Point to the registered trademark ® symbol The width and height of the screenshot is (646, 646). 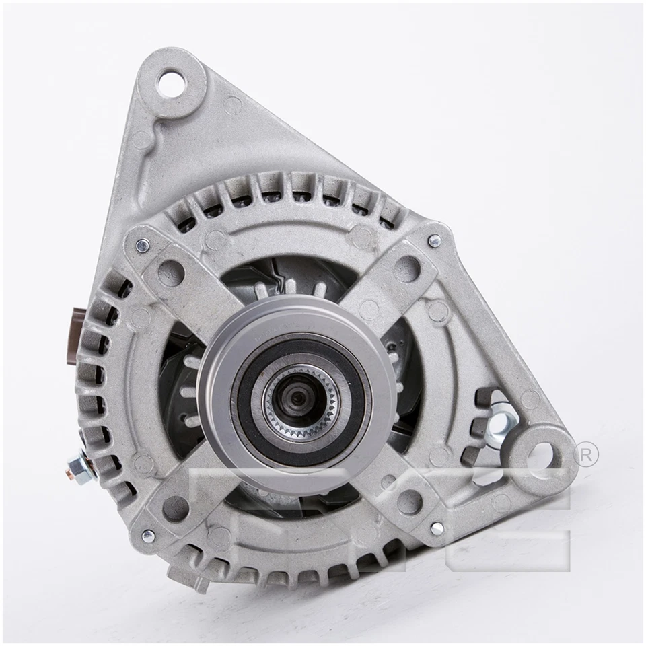pos(587,455)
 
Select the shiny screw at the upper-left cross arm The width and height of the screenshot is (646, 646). pos(141,246)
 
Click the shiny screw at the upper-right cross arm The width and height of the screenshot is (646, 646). pos(434,240)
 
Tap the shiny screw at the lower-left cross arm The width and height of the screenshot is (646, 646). pos(147,536)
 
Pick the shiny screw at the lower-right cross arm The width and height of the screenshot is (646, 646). pos(437,529)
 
